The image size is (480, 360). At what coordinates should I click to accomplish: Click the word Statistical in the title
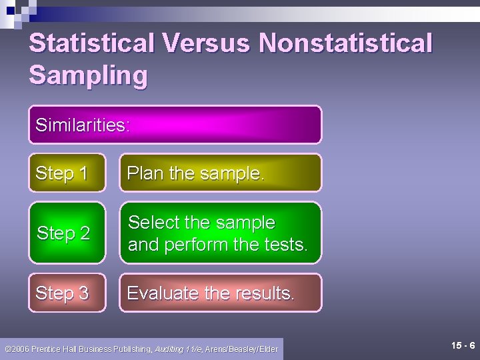(x=92, y=43)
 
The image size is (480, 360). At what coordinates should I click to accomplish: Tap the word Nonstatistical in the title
(x=346, y=43)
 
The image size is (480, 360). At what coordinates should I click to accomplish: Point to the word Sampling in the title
(x=88, y=75)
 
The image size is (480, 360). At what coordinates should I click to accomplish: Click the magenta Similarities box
(x=175, y=125)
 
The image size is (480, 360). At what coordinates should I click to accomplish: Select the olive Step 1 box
(x=67, y=173)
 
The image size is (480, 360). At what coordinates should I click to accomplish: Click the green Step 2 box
(x=67, y=233)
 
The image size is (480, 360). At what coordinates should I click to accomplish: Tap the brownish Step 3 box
(x=67, y=293)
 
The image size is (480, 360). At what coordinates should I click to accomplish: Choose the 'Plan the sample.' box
(x=220, y=173)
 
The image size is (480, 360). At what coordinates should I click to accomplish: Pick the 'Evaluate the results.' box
(x=220, y=293)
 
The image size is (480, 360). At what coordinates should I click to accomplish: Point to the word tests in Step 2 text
(x=285, y=245)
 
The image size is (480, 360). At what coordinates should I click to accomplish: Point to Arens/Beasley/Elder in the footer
(x=241, y=349)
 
